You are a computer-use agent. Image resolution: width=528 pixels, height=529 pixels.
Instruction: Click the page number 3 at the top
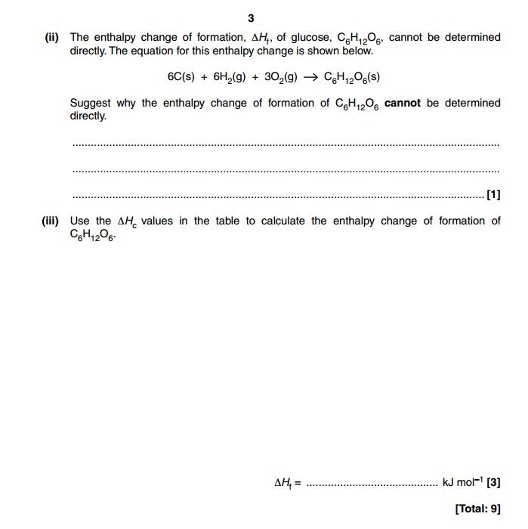point(251,19)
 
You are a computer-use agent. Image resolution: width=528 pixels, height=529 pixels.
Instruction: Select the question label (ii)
point(52,37)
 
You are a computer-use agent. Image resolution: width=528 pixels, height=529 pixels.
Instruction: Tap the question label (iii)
point(54,221)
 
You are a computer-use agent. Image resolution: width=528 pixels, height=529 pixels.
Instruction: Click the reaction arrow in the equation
point(309,77)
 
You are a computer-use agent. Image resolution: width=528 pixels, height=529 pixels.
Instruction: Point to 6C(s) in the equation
point(181,77)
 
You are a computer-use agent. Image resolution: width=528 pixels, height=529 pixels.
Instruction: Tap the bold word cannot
point(403,103)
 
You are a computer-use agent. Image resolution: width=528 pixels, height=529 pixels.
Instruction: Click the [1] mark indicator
point(493,194)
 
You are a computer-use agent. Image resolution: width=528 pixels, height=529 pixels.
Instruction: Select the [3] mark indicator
point(493,481)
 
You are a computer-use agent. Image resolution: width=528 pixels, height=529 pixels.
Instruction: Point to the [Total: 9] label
point(477,509)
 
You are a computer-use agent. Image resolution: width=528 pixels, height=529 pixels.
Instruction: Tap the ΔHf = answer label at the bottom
point(286,482)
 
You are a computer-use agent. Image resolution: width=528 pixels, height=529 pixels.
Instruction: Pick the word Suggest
point(91,103)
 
